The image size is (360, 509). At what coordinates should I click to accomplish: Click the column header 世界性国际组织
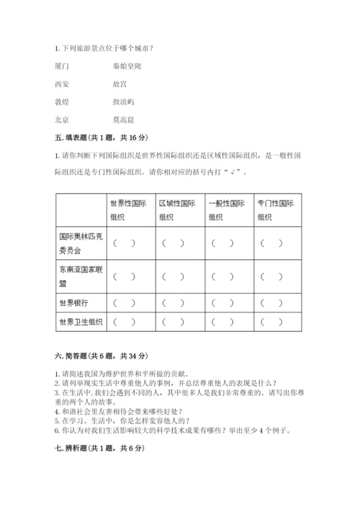(x=129, y=210)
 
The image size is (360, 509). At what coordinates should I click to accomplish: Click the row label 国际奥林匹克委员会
(x=79, y=243)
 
